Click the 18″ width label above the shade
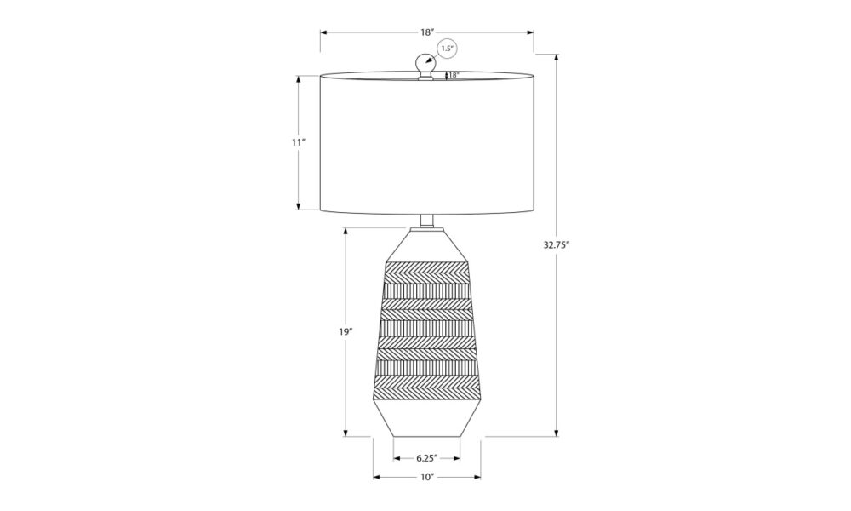428,32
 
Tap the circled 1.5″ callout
447,49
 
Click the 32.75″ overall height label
556,244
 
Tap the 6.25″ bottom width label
427,458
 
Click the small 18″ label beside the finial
454,75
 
